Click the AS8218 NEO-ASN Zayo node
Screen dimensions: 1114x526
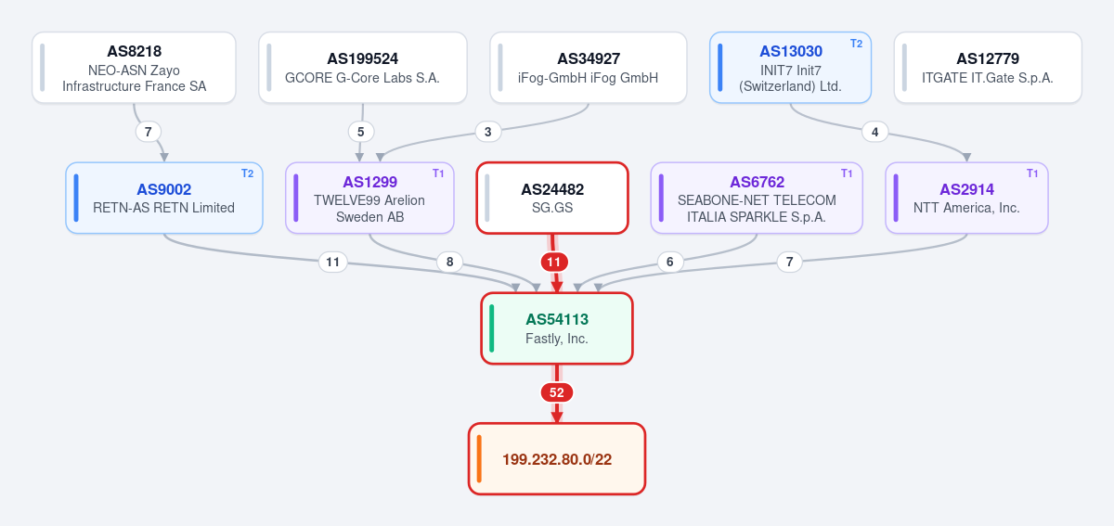tap(134, 68)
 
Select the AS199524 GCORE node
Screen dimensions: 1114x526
tap(363, 68)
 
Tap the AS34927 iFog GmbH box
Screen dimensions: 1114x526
tap(589, 68)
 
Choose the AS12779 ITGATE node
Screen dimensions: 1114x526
tap(988, 68)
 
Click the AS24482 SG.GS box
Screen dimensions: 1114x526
tap(552, 198)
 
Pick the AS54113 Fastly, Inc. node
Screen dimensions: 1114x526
tap(557, 328)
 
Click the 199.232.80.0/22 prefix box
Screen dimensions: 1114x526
tap(557, 459)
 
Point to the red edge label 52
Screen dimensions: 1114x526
tap(557, 392)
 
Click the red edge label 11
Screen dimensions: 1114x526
tap(554, 262)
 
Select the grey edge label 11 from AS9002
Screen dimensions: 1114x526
tap(332, 262)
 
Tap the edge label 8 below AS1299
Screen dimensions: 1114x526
tap(449, 262)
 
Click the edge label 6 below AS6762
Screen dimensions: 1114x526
tap(670, 262)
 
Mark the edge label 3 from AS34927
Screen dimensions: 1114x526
tap(488, 132)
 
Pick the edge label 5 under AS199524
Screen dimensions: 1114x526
tap(360, 132)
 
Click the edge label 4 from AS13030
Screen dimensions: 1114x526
tap(874, 132)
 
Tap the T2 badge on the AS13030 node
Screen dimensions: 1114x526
tap(856, 44)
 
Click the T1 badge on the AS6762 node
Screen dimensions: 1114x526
tap(847, 173)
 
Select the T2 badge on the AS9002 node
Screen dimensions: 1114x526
tap(247, 173)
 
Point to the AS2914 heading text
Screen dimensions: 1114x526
tap(966, 189)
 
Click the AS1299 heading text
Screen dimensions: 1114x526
tap(370, 182)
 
